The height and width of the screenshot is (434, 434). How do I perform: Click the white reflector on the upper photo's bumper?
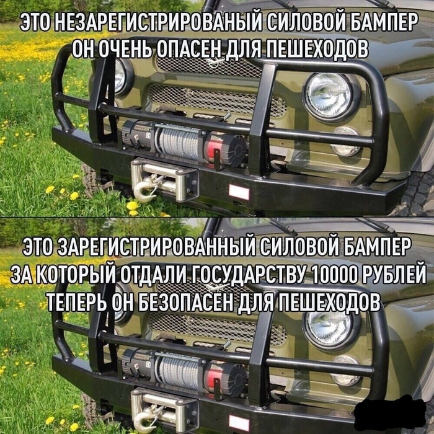239,192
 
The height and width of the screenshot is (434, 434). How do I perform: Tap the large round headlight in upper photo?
329,95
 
